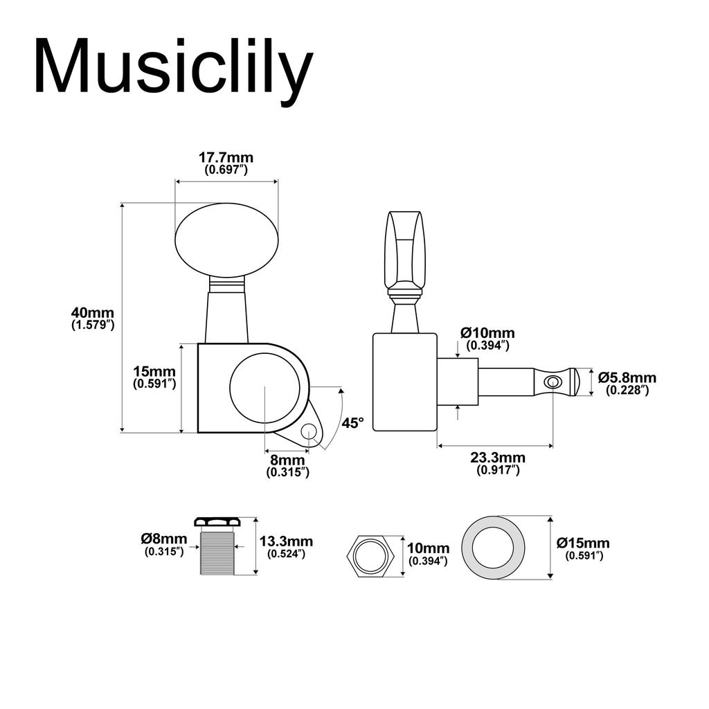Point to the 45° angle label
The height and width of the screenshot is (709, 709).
click(352, 422)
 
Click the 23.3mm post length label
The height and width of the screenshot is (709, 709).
click(497, 458)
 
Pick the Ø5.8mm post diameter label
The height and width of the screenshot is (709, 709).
click(627, 378)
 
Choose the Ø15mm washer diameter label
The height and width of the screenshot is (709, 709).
click(583, 544)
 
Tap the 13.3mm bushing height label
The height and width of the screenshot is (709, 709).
click(285, 541)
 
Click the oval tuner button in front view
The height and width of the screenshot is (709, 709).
click(226, 239)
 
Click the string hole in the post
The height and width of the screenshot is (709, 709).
click(553, 382)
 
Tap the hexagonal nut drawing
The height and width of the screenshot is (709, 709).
click(370, 555)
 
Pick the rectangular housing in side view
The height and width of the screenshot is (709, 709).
click(404, 382)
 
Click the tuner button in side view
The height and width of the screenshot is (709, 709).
click(405, 253)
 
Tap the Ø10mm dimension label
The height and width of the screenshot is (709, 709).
click(487, 334)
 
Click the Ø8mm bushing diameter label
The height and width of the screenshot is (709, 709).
click(163, 539)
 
